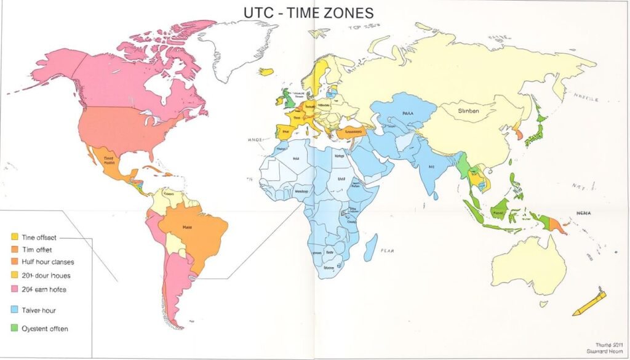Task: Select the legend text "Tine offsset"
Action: pyautogui.click(x=39, y=236)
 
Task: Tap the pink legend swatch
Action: pyautogui.click(x=14, y=289)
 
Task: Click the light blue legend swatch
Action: pyautogui.click(x=14, y=310)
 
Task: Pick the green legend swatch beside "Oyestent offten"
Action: pyautogui.click(x=14, y=329)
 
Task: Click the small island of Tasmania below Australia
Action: pyautogui.click(x=543, y=303)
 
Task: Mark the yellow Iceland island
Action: pyautogui.click(x=266, y=71)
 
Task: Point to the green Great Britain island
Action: pyautogui.click(x=287, y=98)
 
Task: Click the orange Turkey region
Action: pyautogui.click(x=351, y=131)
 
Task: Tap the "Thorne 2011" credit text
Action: pyautogui.click(x=609, y=345)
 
